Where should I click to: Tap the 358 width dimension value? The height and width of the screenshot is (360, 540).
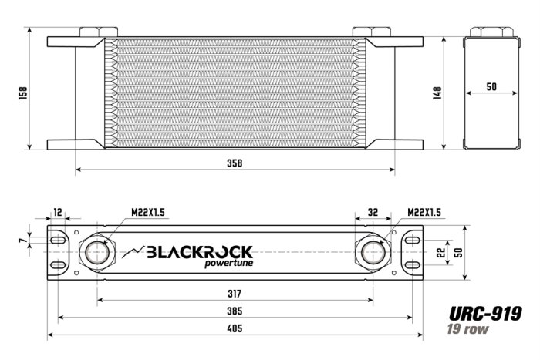pyautogui.click(x=235, y=163)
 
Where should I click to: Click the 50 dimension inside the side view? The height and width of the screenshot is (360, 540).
pyautogui.click(x=491, y=87)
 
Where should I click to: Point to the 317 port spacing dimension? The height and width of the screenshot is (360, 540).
pyautogui.click(x=235, y=294)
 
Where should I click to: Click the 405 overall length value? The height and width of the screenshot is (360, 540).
pyautogui.click(x=235, y=328)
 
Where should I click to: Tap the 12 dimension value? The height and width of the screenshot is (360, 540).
pyautogui.click(x=58, y=213)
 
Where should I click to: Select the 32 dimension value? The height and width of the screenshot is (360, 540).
pyautogui.click(x=373, y=213)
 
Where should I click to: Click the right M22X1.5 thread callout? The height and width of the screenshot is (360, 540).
pyautogui.click(x=424, y=213)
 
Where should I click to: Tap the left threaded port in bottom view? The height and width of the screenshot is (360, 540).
pyautogui.click(x=97, y=252)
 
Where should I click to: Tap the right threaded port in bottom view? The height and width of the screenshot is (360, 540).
pyautogui.click(x=373, y=252)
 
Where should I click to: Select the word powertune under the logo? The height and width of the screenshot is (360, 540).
pyautogui.click(x=228, y=266)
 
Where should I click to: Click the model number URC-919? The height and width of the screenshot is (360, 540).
pyautogui.click(x=485, y=314)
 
